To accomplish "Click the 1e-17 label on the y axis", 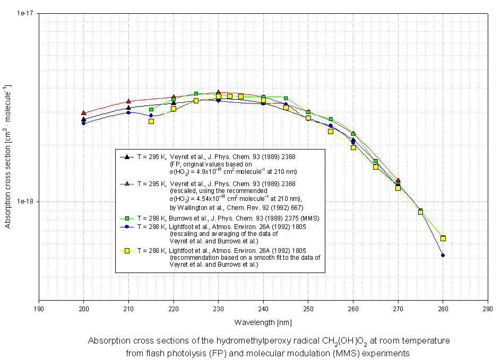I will point(26,13).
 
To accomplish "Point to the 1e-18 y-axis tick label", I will point(26,201).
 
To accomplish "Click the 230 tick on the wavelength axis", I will point(218,308).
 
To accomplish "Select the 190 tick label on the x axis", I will point(39,308).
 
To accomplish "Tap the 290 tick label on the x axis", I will point(488,308).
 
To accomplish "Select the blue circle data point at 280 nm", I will point(443,256).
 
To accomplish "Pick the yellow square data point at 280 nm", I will point(443,239).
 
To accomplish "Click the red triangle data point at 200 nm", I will point(83,113).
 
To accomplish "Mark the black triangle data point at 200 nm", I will point(83,119).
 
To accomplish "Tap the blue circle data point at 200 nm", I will point(83,124).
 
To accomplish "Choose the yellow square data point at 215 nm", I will point(151,121).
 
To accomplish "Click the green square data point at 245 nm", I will point(286,99).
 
